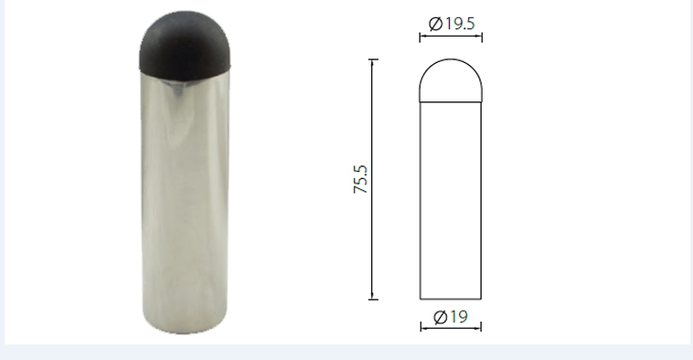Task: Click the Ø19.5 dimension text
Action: tap(451, 25)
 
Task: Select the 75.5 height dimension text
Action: tap(361, 179)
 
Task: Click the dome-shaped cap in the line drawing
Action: tap(450, 80)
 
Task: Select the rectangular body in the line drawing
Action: tap(450, 201)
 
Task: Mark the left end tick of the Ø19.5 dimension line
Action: tap(420, 37)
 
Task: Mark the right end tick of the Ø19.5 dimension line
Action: tap(482, 37)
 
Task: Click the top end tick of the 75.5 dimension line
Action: tap(373, 59)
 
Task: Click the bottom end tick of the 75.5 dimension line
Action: tap(373, 299)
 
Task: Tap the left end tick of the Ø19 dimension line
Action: tap(420, 326)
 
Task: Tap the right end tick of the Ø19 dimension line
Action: tap(481, 326)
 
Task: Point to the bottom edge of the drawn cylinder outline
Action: tap(450, 300)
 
